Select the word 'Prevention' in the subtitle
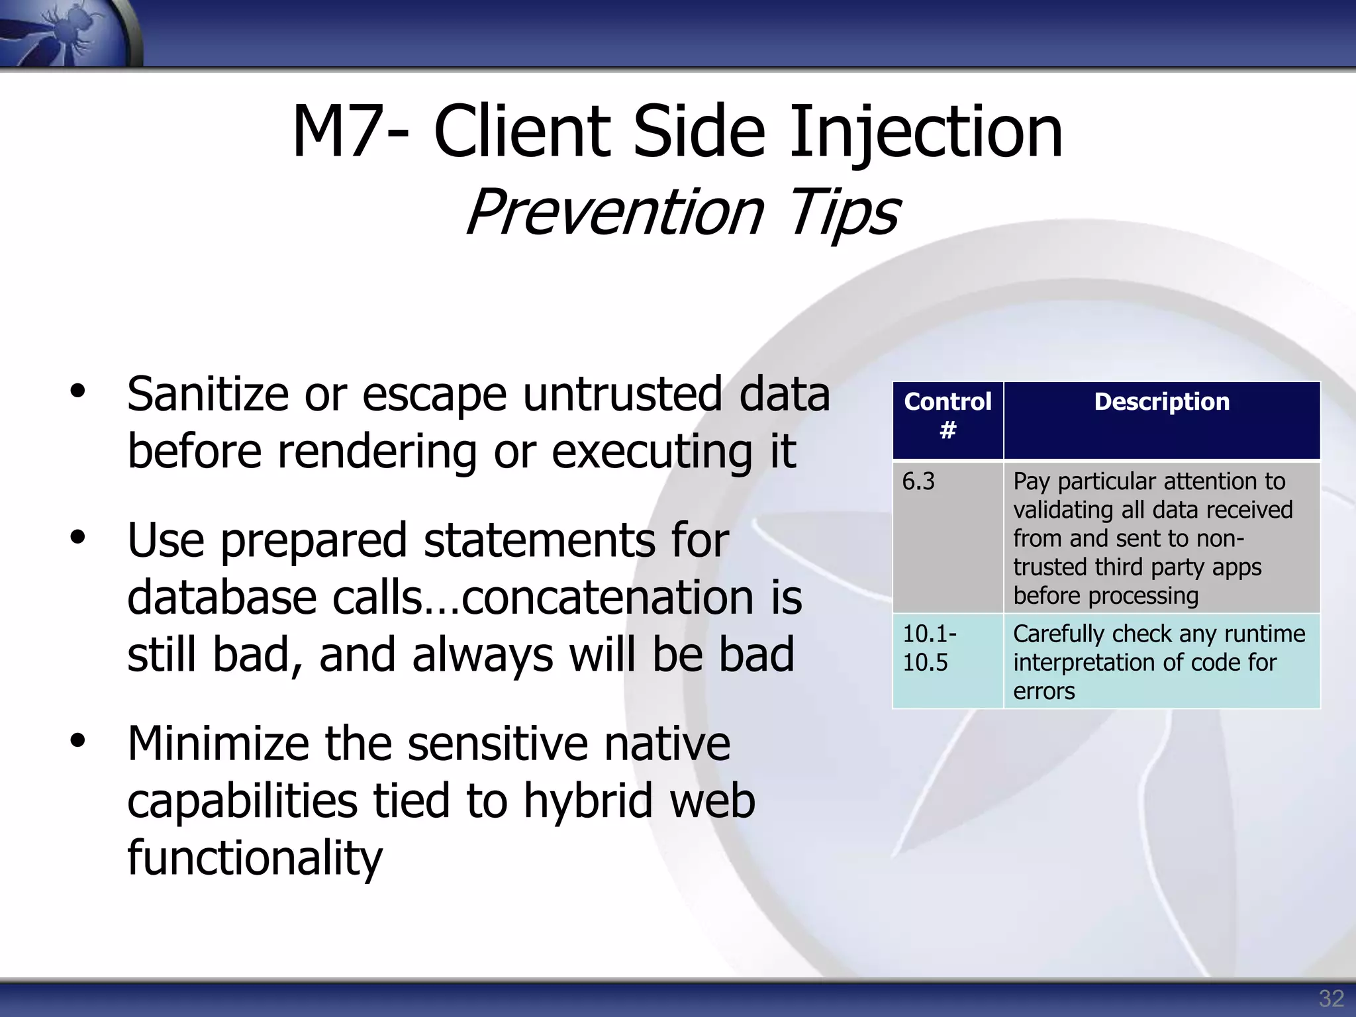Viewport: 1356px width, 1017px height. (x=614, y=212)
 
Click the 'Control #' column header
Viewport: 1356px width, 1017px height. (x=947, y=416)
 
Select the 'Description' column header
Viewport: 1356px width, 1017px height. (x=1161, y=402)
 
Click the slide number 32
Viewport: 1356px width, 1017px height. (x=1331, y=998)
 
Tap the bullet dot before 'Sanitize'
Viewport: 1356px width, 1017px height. (x=78, y=391)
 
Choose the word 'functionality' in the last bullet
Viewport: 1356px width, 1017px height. (x=255, y=858)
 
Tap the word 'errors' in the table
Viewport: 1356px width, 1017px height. (x=1043, y=691)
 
